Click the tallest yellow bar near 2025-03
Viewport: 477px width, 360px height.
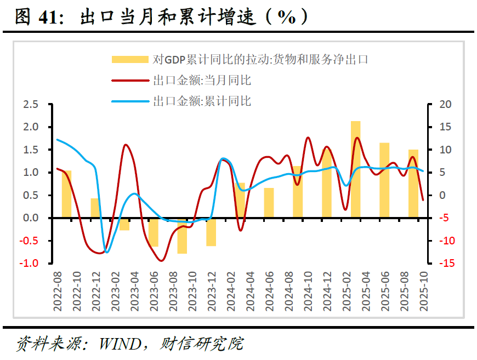click(x=356, y=169)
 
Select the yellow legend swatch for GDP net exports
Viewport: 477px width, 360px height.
click(x=130, y=59)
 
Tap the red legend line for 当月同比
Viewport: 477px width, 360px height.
click(x=130, y=81)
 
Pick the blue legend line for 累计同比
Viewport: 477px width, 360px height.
click(x=130, y=101)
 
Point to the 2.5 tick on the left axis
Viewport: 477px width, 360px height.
click(x=31, y=104)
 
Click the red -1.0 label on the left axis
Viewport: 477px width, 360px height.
click(x=29, y=264)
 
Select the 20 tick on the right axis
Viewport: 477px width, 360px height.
click(x=445, y=104)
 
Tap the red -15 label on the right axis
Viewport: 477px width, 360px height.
click(x=447, y=264)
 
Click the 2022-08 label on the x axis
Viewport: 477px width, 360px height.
click(x=58, y=292)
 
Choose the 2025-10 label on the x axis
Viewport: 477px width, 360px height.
click(x=423, y=292)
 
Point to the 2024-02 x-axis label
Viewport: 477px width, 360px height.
click(x=231, y=292)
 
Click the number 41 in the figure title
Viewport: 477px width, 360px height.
click(x=48, y=17)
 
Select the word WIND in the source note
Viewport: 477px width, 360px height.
click(x=120, y=344)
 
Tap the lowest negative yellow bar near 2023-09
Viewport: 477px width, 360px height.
click(x=182, y=236)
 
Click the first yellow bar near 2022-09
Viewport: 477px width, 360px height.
click(x=67, y=194)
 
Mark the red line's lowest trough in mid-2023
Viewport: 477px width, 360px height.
click(x=161, y=261)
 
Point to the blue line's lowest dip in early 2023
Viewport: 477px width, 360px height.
click(x=106, y=252)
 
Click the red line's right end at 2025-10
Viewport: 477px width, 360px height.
click(x=423, y=200)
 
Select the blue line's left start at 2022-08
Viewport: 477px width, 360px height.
click(x=58, y=140)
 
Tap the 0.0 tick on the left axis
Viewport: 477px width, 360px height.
click(x=31, y=218)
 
